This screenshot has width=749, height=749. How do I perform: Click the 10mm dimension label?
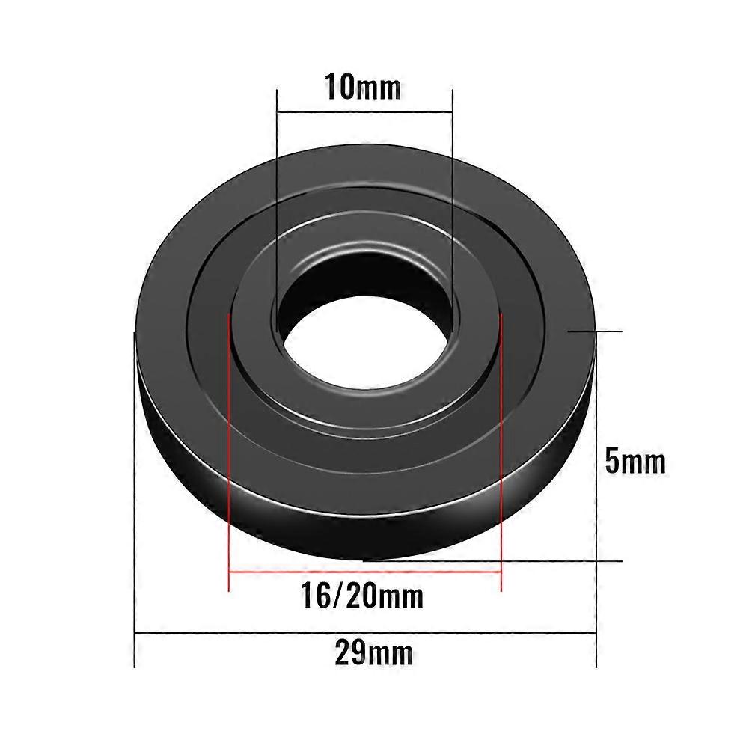[x=363, y=88]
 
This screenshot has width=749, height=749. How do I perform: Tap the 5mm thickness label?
[x=635, y=462]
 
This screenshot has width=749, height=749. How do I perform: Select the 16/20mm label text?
[x=362, y=596]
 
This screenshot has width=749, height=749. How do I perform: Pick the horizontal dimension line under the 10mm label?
[x=364, y=113]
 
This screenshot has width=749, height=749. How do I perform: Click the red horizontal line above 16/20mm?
[x=364, y=572]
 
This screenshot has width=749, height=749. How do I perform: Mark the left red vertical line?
[x=227, y=449]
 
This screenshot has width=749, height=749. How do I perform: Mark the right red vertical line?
[x=500, y=449]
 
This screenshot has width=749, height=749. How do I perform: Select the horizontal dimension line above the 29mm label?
[x=364, y=635]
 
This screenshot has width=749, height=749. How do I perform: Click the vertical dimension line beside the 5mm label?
[x=596, y=449]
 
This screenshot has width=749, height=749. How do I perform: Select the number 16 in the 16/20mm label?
[x=314, y=596]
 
